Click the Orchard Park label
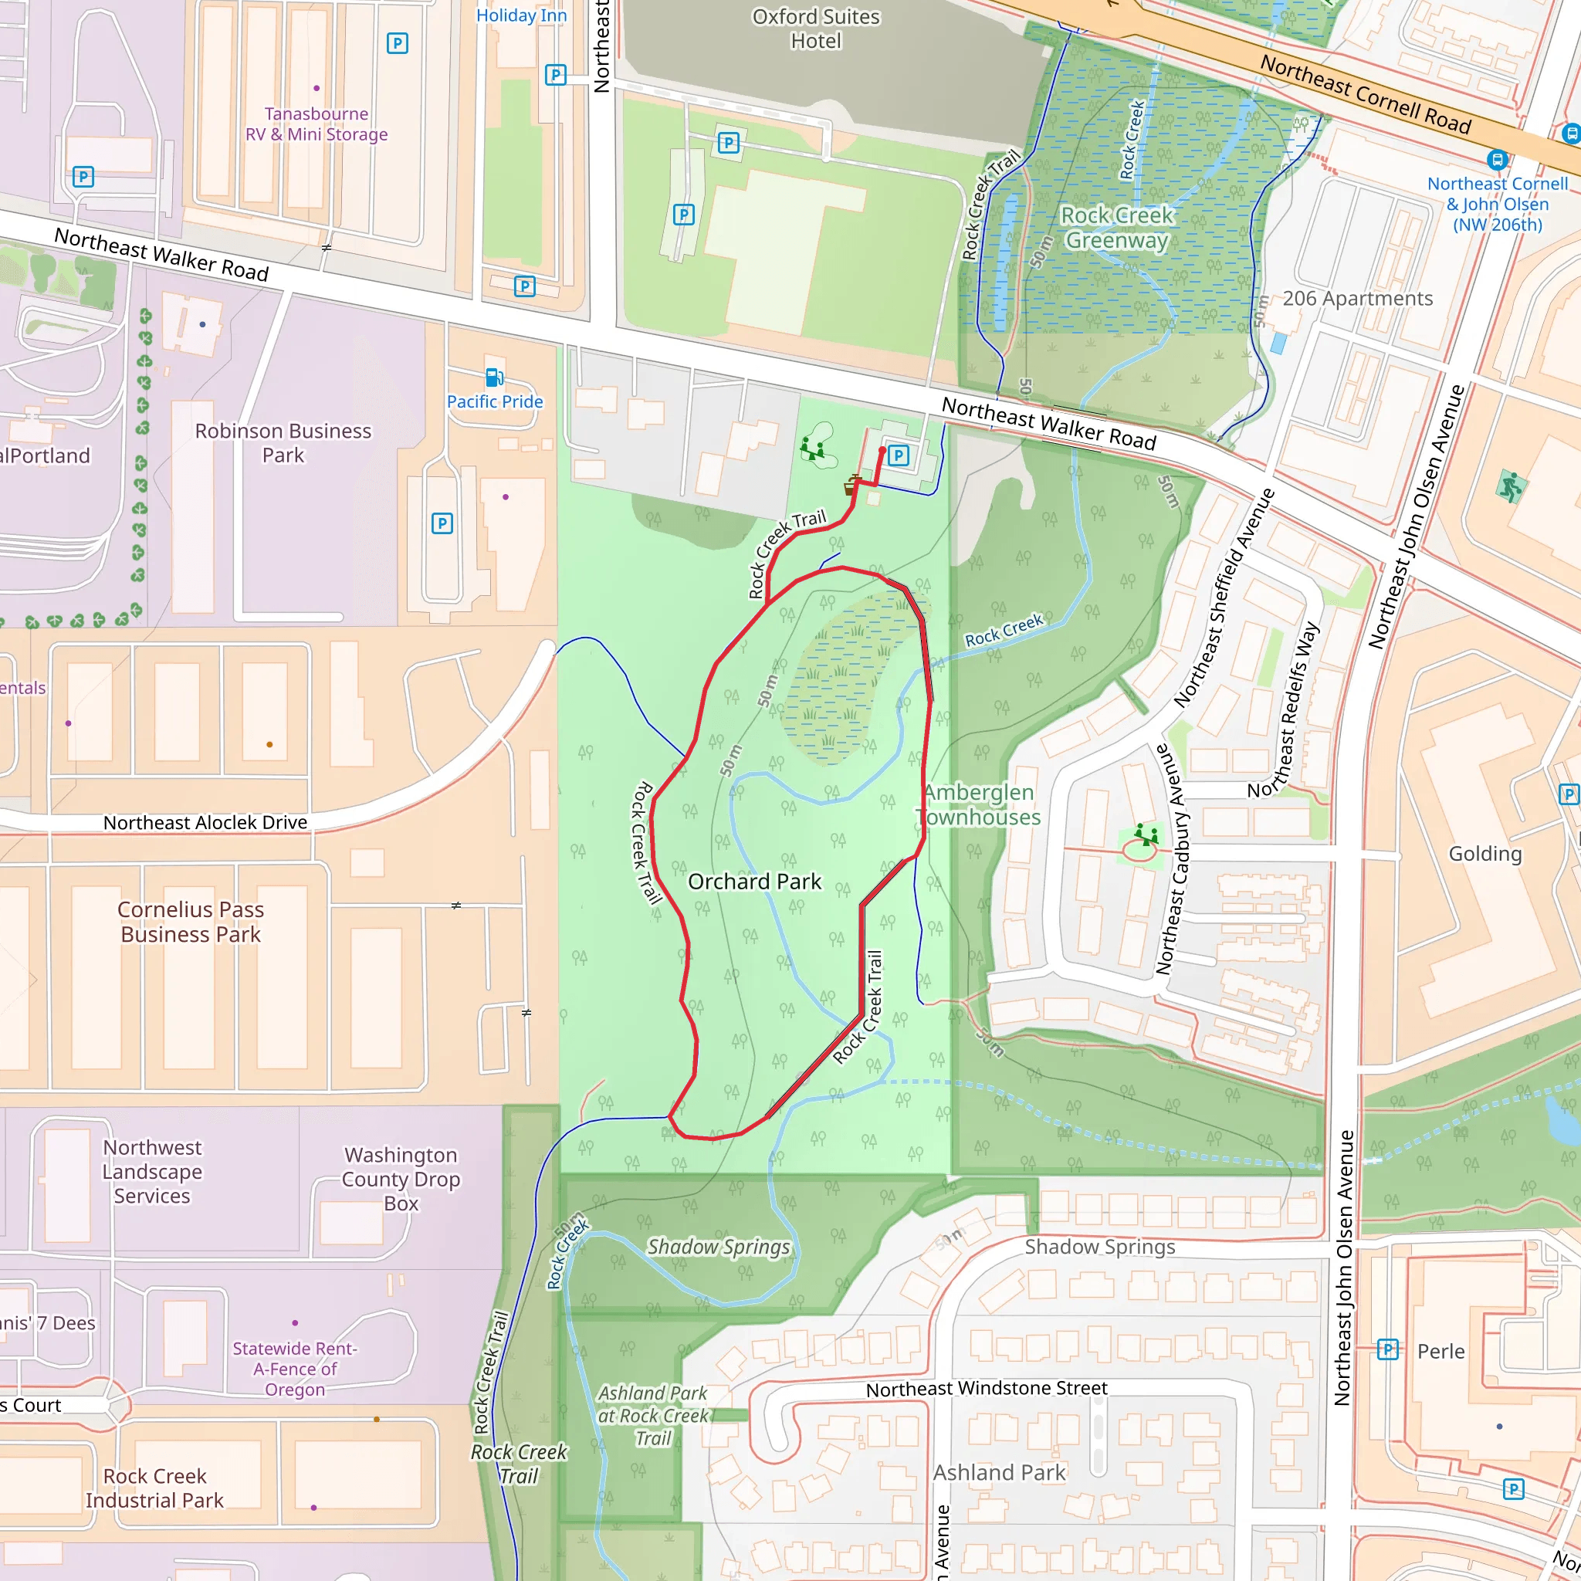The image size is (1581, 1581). (753, 882)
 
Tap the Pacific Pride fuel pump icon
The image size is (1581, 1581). (494, 377)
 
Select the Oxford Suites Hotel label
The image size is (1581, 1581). (815, 29)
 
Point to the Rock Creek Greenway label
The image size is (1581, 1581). (1116, 228)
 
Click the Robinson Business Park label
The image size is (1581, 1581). (283, 442)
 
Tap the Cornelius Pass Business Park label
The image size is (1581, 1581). (191, 922)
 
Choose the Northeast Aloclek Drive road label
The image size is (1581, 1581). (205, 822)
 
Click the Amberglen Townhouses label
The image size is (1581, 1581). (980, 804)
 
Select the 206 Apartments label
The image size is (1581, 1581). (1357, 299)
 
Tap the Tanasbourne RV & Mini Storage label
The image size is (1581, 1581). (317, 124)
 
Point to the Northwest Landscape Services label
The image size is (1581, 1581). (152, 1171)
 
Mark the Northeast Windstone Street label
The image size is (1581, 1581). (986, 1389)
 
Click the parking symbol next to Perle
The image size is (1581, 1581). (1387, 1349)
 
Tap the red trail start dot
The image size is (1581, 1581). (882, 451)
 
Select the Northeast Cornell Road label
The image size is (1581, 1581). (1365, 94)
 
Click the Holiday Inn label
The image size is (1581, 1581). (521, 15)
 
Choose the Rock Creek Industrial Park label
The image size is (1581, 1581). (154, 1488)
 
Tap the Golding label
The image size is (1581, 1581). (1485, 854)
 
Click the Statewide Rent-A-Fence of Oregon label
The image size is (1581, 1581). (295, 1368)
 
